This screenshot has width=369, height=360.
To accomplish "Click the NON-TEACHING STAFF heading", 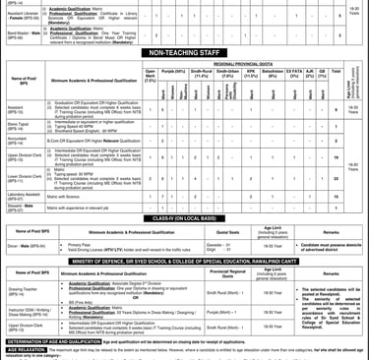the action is pyautogui.click(x=184, y=55).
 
